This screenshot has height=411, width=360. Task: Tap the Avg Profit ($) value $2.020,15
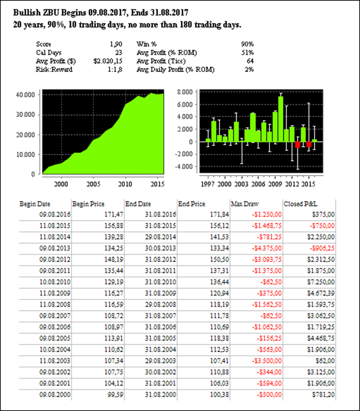(x=107, y=61)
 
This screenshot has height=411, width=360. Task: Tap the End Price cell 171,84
(x=214, y=214)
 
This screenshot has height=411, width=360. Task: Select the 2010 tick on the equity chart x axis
(x=125, y=184)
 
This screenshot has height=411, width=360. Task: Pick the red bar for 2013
(x=297, y=145)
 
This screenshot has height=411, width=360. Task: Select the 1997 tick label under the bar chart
(x=207, y=184)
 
